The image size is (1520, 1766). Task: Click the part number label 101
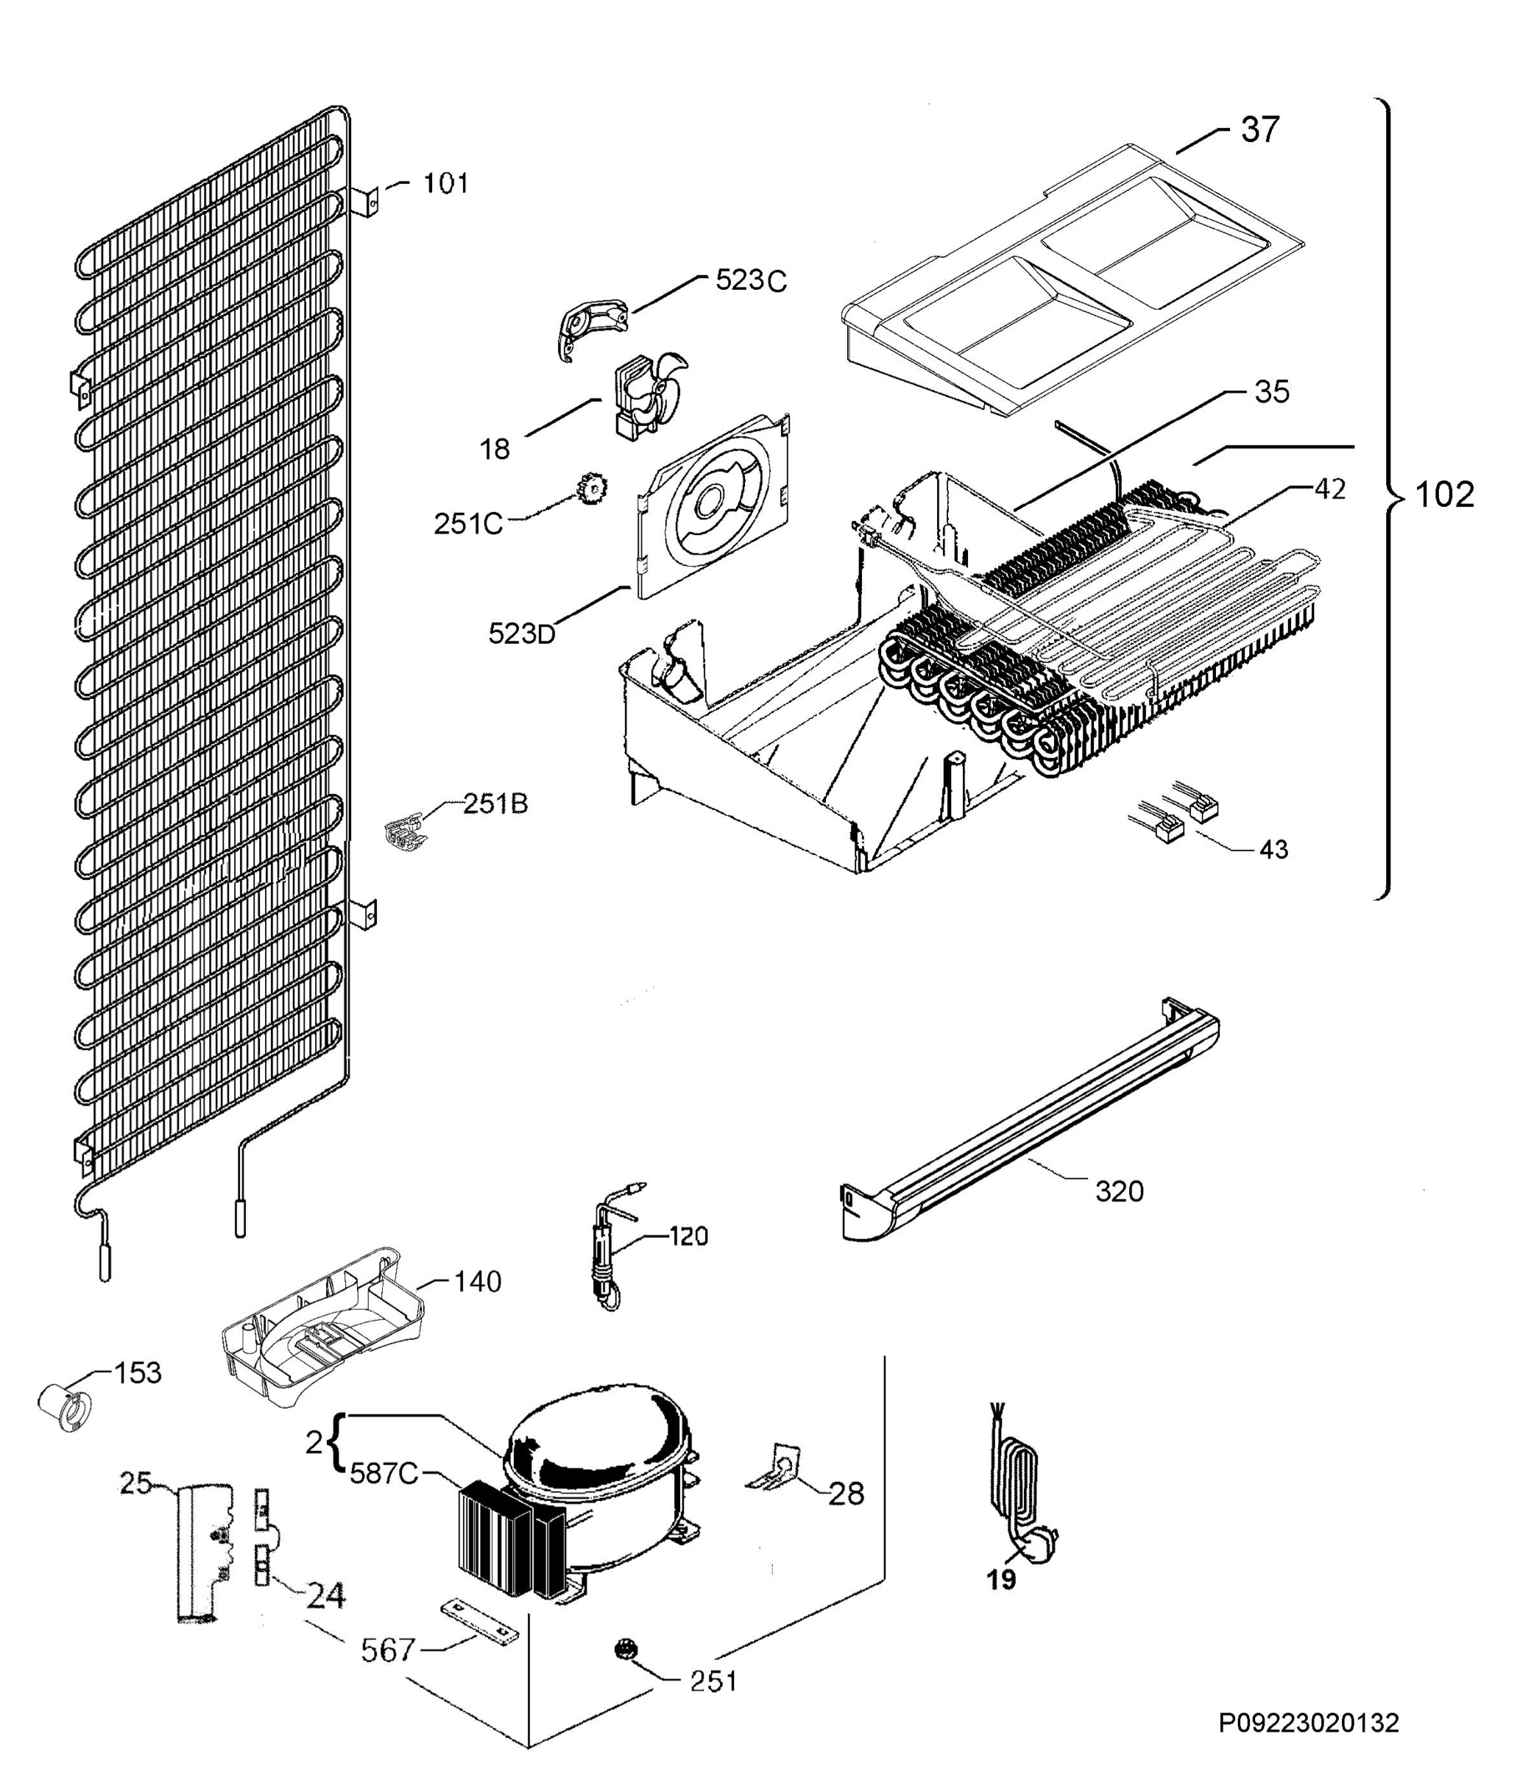tap(446, 183)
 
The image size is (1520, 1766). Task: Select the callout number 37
tap(1260, 130)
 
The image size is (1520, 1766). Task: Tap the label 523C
tap(750, 280)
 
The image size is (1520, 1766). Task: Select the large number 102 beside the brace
tap(1444, 494)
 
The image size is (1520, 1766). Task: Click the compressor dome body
tap(597, 1449)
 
